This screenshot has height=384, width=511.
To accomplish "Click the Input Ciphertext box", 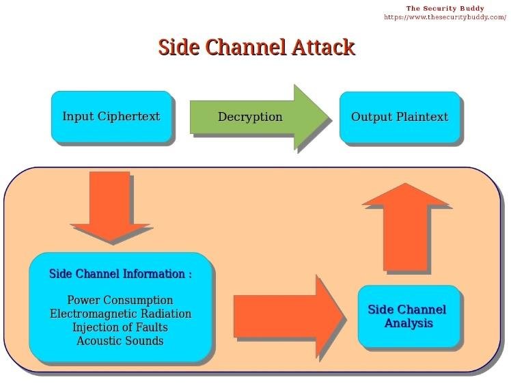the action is pos(111,117).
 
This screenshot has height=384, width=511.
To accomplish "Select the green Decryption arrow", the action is pos(260,118).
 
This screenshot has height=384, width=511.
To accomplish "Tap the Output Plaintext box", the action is pos(400,117).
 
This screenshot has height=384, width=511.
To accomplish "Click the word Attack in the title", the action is pos(322,47).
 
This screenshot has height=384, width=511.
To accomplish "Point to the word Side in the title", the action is pos(178,47).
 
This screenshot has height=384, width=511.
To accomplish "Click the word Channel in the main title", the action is pos(245,47).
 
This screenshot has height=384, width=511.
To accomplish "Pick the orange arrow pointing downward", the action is pos(110,206).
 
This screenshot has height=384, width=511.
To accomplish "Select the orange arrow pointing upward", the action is pos(405,227).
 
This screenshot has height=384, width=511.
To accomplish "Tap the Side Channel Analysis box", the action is pos(409,316).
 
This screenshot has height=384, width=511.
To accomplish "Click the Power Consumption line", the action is pos(120,300).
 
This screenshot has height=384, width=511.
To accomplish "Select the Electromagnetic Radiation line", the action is pos(121,314).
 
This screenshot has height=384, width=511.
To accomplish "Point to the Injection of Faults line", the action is pos(120,327).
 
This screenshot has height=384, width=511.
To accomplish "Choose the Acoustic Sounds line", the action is pos(120,341).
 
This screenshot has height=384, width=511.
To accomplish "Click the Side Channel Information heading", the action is pos(120,274).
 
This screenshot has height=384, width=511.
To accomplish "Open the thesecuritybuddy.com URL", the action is pos(445,17).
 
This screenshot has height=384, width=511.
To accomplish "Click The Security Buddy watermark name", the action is pos(445,8).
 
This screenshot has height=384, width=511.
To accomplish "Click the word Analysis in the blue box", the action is pos(409,323).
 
